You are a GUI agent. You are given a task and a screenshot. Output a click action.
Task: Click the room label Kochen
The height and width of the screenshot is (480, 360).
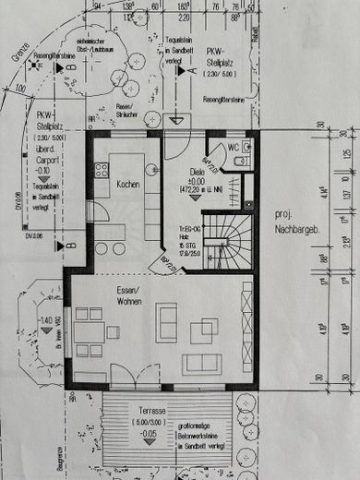pyautogui.click(x=127, y=185)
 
